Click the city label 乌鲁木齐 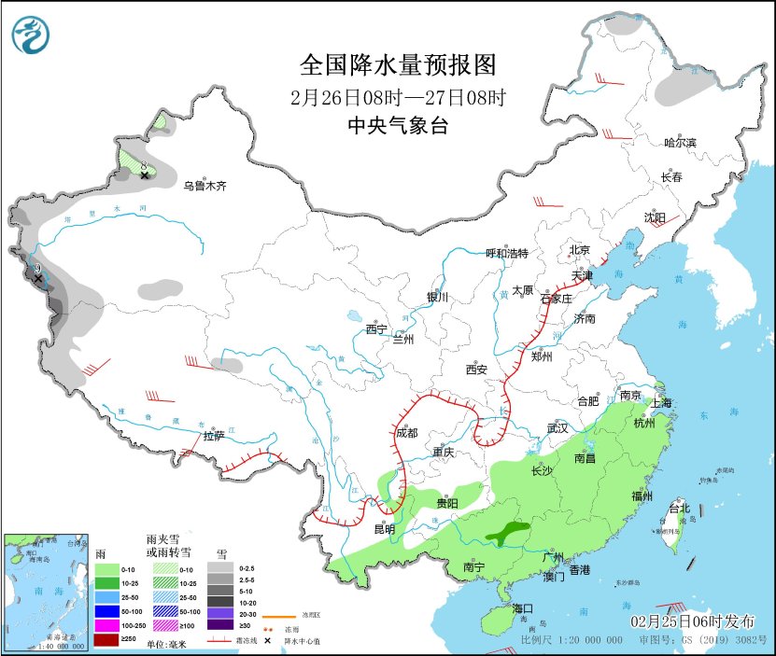[x=205, y=187]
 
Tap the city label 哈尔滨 [x=680, y=142]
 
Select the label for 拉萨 [x=214, y=436]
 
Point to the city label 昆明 [x=384, y=529]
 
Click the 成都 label [x=406, y=432]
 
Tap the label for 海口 [x=524, y=608]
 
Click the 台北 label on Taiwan [x=679, y=509]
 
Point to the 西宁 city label [x=375, y=328]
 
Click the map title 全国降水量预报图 [x=397, y=64]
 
